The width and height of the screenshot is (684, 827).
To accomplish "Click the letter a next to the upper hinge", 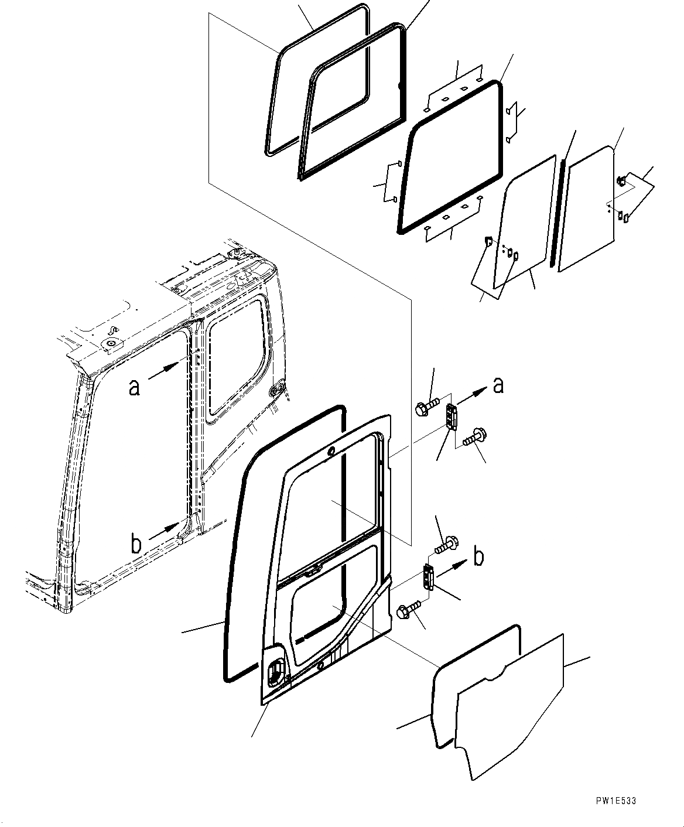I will coord(498,385).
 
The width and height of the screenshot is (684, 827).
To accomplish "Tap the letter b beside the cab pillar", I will coord(136,545).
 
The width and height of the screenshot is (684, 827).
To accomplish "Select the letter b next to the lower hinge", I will coord(478,556).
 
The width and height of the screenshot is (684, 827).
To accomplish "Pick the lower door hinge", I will coord(427,577).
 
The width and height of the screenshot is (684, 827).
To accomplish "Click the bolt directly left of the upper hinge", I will coord(426,407).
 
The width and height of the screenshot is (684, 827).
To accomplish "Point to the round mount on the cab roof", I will coord(111,342).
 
